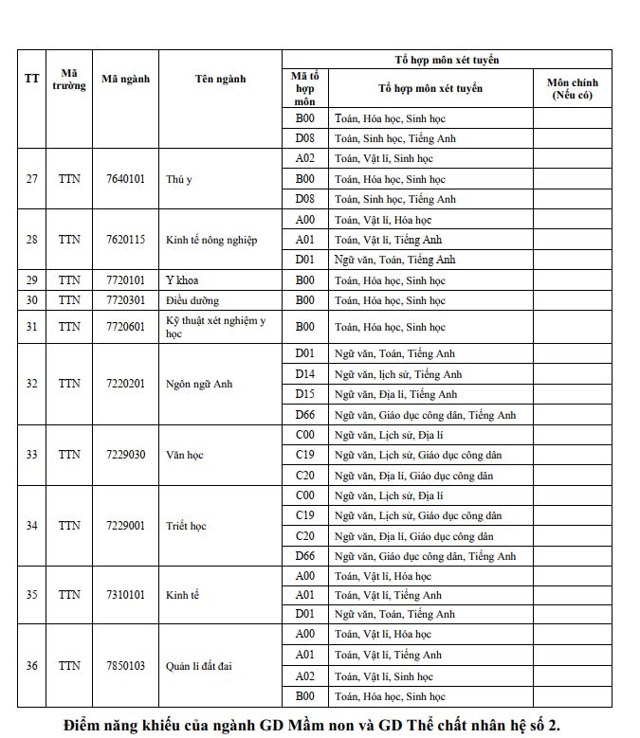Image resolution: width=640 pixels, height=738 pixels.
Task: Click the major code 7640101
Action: (x=125, y=179)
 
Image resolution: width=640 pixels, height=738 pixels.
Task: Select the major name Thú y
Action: (x=179, y=179)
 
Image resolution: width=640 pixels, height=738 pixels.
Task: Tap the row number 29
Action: (x=31, y=280)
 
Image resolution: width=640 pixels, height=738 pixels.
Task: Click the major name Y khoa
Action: (x=182, y=280)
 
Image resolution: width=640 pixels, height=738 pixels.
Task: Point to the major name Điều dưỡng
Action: (x=192, y=300)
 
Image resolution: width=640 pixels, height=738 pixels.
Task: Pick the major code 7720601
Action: (x=125, y=327)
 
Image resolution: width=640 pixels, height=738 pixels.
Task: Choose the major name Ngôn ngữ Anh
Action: (x=199, y=384)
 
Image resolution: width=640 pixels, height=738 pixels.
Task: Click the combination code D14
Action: (x=304, y=374)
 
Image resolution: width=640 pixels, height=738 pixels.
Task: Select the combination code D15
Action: (x=304, y=394)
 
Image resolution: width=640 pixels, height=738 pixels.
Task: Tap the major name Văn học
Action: (x=185, y=455)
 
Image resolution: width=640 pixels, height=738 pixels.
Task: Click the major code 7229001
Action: (x=125, y=525)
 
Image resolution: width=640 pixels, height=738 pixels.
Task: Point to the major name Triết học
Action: (x=186, y=525)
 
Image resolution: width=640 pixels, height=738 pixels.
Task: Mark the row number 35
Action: (x=31, y=595)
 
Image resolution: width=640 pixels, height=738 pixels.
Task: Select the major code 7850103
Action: (x=125, y=666)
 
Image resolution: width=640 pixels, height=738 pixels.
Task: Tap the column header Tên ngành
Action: (x=220, y=79)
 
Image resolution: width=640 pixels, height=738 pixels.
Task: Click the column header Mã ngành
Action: (x=125, y=79)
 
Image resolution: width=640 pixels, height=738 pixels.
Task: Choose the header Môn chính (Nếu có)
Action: (x=572, y=89)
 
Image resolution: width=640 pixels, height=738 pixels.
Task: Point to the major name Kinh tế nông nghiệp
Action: (x=211, y=240)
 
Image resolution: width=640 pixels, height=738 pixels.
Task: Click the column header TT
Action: (x=31, y=79)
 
